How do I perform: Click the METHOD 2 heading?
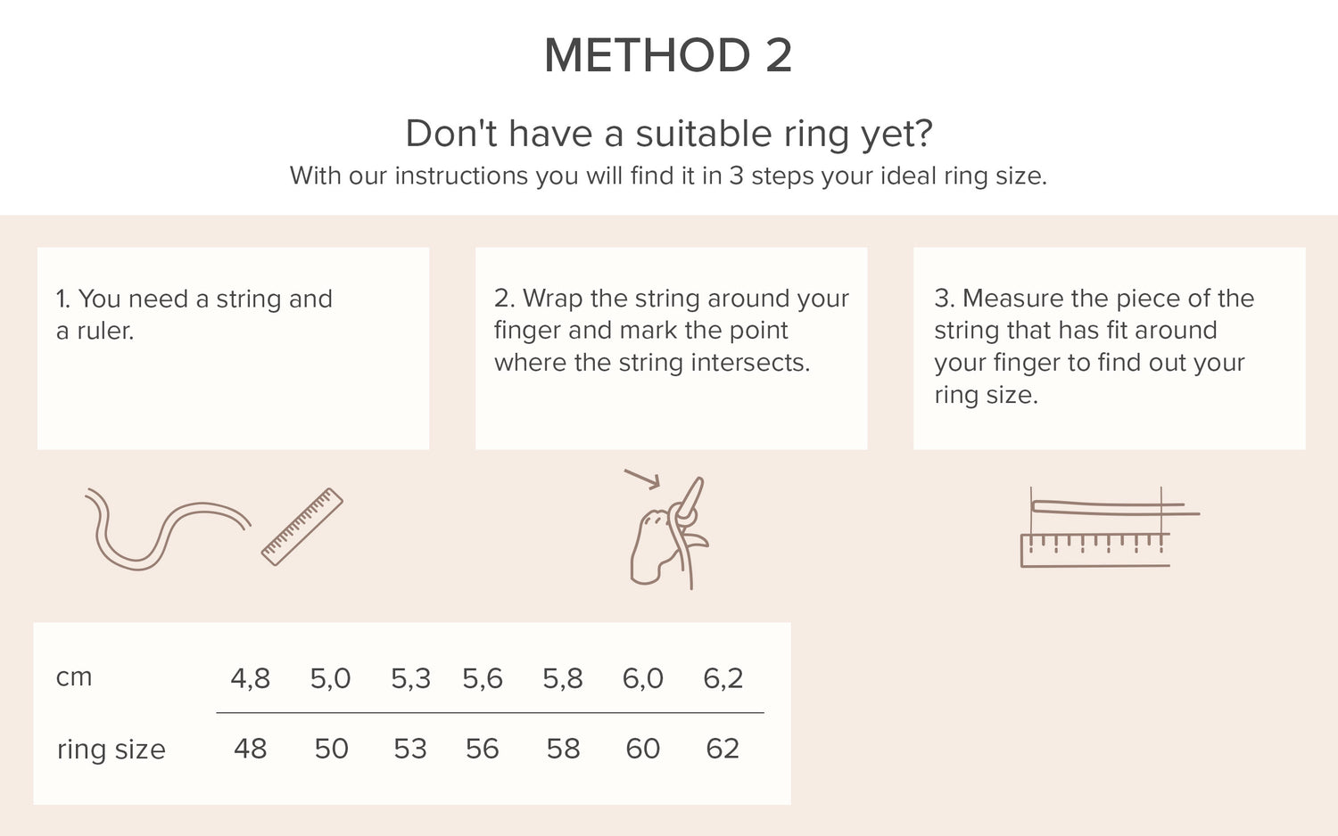(x=668, y=55)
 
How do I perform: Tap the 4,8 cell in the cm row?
(x=251, y=678)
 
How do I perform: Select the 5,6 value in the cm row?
(x=483, y=678)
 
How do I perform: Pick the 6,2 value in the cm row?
(x=723, y=678)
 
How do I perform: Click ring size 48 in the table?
(x=251, y=749)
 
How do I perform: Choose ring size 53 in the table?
(x=410, y=749)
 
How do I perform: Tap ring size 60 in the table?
(x=643, y=749)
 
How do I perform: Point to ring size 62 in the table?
(x=723, y=749)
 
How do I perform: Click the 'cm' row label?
(x=74, y=678)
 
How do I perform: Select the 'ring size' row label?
(x=111, y=750)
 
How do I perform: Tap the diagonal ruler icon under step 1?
(x=302, y=527)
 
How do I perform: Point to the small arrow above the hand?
(x=642, y=479)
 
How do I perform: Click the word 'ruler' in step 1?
(x=105, y=331)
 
